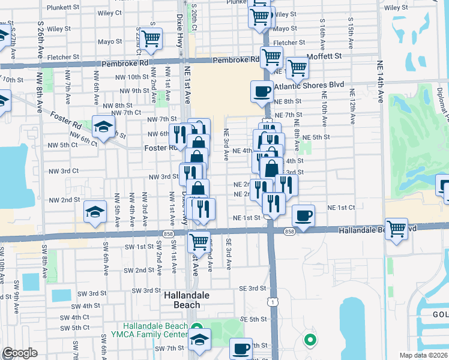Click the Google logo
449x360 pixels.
tap(19, 353)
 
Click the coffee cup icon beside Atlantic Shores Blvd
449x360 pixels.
tap(262, 92)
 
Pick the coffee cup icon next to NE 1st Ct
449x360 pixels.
tap(303, 215)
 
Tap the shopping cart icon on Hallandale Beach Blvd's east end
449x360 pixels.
tap(397, 229)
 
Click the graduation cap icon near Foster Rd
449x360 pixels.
tap(103, 127)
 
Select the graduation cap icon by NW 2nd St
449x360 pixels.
tap(95, 213)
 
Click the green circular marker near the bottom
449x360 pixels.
tap(310, 340)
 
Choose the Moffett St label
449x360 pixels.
tap(324, 56)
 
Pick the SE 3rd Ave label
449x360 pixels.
tap(229, 251)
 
